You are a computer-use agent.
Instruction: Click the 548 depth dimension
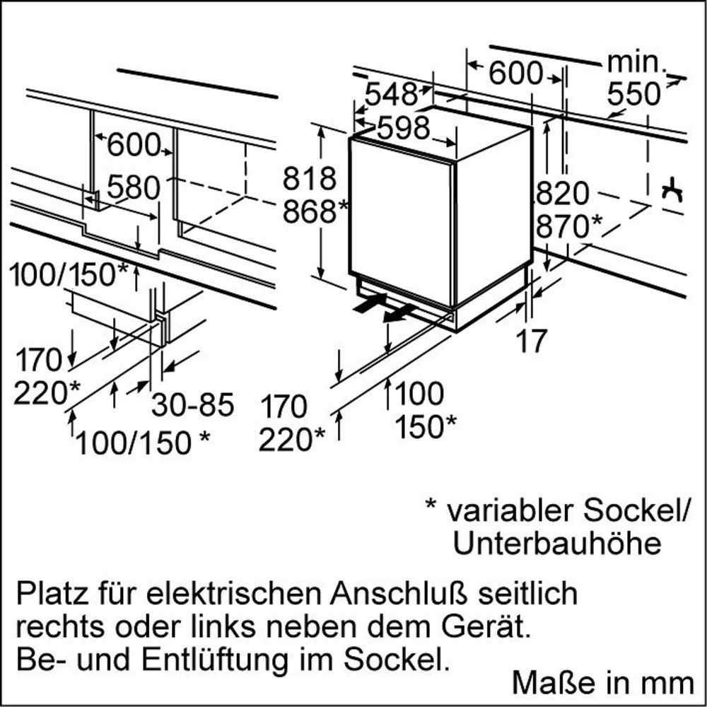tap(392, 94)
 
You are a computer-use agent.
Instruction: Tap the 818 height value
tap(310, 178)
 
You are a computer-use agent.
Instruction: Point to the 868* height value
tap(315, 211)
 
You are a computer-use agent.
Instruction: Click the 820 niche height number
tap(563, 194)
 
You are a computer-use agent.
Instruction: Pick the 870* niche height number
tap(569, 226)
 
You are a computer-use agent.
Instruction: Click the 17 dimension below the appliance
tap(532, 341)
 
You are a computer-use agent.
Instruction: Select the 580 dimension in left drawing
tap(134, 187)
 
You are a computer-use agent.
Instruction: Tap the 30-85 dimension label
tap(193, 404)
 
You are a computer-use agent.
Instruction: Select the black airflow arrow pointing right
tap(370, 303)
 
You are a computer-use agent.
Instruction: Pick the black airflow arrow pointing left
tap(399, 313)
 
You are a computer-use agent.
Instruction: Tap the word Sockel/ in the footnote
tap(637, 511)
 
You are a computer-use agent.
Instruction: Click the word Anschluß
tap(400, 594)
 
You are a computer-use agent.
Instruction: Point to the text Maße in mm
tap(603, 682)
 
